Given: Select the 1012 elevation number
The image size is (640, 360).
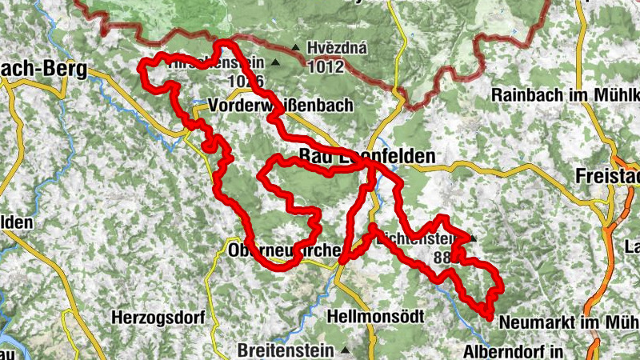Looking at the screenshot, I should pos(329,67).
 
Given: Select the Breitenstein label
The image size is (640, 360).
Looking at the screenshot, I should pos(287,350).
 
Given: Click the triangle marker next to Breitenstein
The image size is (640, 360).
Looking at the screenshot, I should pos(346,350).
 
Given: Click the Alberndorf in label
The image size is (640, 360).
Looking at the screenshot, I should pos(514,350).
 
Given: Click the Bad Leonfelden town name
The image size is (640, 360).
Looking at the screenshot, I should pos(366,156).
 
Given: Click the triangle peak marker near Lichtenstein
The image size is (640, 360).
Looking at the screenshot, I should pos(473,238).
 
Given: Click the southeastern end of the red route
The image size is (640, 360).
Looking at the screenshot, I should pos(487,316).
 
